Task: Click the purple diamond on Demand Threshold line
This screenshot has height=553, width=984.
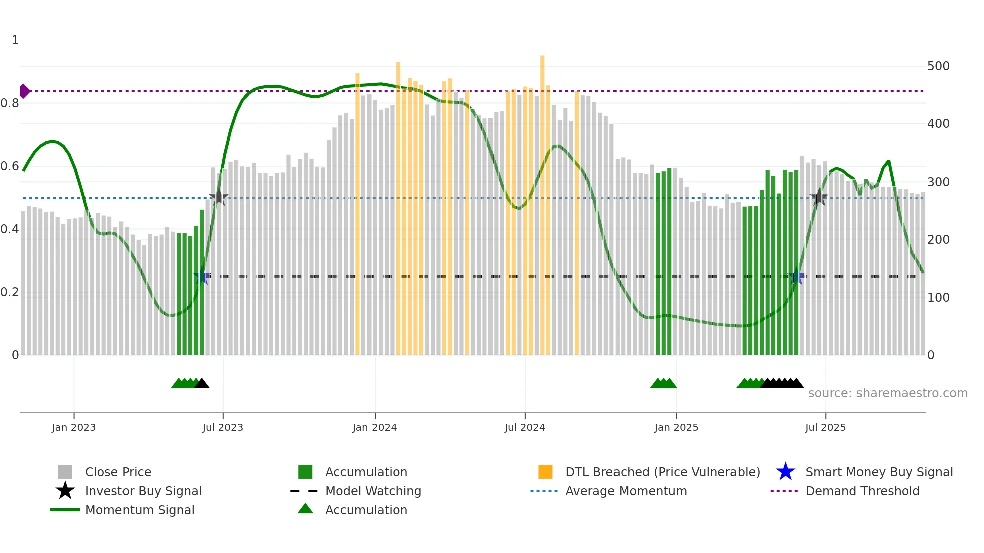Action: tap(24, 91)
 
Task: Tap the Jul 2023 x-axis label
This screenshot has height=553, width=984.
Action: tap(223, 427)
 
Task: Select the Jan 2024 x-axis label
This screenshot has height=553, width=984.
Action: tap(375, 427)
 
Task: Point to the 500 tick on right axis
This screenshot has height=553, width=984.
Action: tap(938, 66)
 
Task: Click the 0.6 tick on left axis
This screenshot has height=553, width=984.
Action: tap(10, 166)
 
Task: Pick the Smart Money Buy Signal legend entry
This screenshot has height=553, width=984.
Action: tap(879, 472)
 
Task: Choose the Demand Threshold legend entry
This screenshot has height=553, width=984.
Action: tap(862, 491)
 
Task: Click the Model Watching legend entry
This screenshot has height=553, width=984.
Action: tap(373, 491)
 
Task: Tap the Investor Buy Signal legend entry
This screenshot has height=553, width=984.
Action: tap(143, 491)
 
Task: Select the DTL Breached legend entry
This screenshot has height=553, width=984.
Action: tap(662, 472)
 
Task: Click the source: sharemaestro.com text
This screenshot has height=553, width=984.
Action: tap(888, 393)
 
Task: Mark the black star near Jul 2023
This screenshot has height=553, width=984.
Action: tap(218, 197)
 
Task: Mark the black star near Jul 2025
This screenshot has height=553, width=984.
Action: tap(819, 197)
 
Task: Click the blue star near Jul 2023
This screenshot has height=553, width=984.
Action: tap(202, 276)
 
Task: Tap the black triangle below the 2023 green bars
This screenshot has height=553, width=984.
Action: tap(202, 384)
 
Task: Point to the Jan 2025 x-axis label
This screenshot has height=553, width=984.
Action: tap(676, 427)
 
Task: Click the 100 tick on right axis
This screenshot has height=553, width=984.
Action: tap(938, 298)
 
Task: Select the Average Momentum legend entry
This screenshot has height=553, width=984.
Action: tap(626, 491)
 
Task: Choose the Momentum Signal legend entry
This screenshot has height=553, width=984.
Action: tap(139, 510)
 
